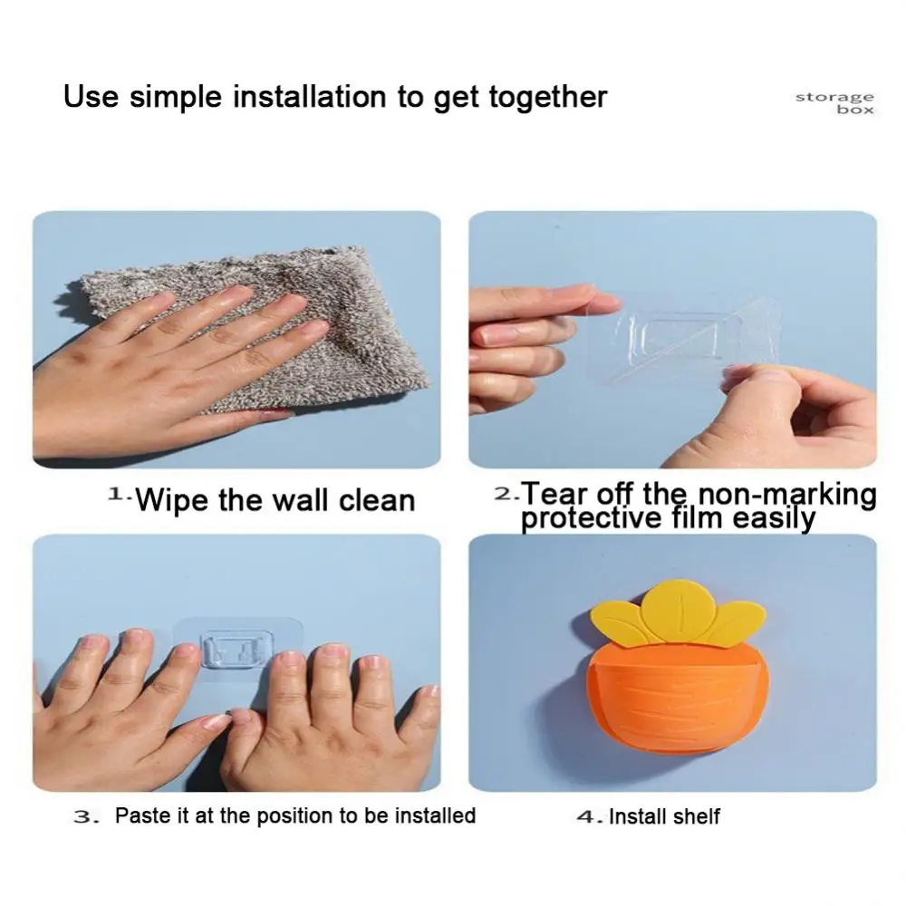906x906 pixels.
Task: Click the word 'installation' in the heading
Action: click(309, 97)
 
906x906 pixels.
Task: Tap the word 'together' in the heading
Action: click(548, 98)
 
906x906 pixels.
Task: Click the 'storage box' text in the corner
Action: click(835, 103)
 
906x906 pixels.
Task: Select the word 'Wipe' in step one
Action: click(174, 500)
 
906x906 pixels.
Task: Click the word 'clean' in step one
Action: click(377, 500)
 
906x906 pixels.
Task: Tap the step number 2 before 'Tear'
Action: click(504, 494)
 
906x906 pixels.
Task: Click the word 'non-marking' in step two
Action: click(787, 496)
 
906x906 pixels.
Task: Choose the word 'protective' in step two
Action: click(591, 518)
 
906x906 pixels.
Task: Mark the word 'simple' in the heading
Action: click(176, 98)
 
